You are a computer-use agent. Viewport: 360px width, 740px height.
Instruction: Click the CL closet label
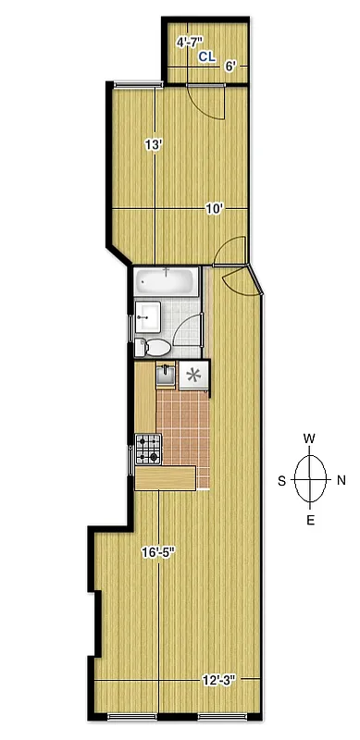(207, 56)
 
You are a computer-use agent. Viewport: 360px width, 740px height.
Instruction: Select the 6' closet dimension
(230, 65)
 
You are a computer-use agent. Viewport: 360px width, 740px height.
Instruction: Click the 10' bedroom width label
(214, 209)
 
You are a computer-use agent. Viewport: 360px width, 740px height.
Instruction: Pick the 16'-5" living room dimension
(158, 553)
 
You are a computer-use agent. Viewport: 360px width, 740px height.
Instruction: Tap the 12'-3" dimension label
(218, 680)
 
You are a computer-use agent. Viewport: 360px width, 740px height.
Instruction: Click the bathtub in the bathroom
(167, 282)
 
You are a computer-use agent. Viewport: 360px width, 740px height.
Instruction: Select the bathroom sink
(148, 317)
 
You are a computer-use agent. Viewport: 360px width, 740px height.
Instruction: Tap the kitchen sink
(165, 375)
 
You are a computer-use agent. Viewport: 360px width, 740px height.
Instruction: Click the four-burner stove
(148, 450)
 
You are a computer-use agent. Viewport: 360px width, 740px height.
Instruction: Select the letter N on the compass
(341, 479)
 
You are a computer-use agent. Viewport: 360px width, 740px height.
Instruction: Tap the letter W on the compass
(311, 438)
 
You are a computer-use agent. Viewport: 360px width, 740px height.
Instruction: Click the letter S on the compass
(281, 479)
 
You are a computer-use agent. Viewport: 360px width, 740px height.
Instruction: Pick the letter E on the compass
(311, 520)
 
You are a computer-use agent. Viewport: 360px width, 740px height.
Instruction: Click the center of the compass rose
(311, 479)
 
